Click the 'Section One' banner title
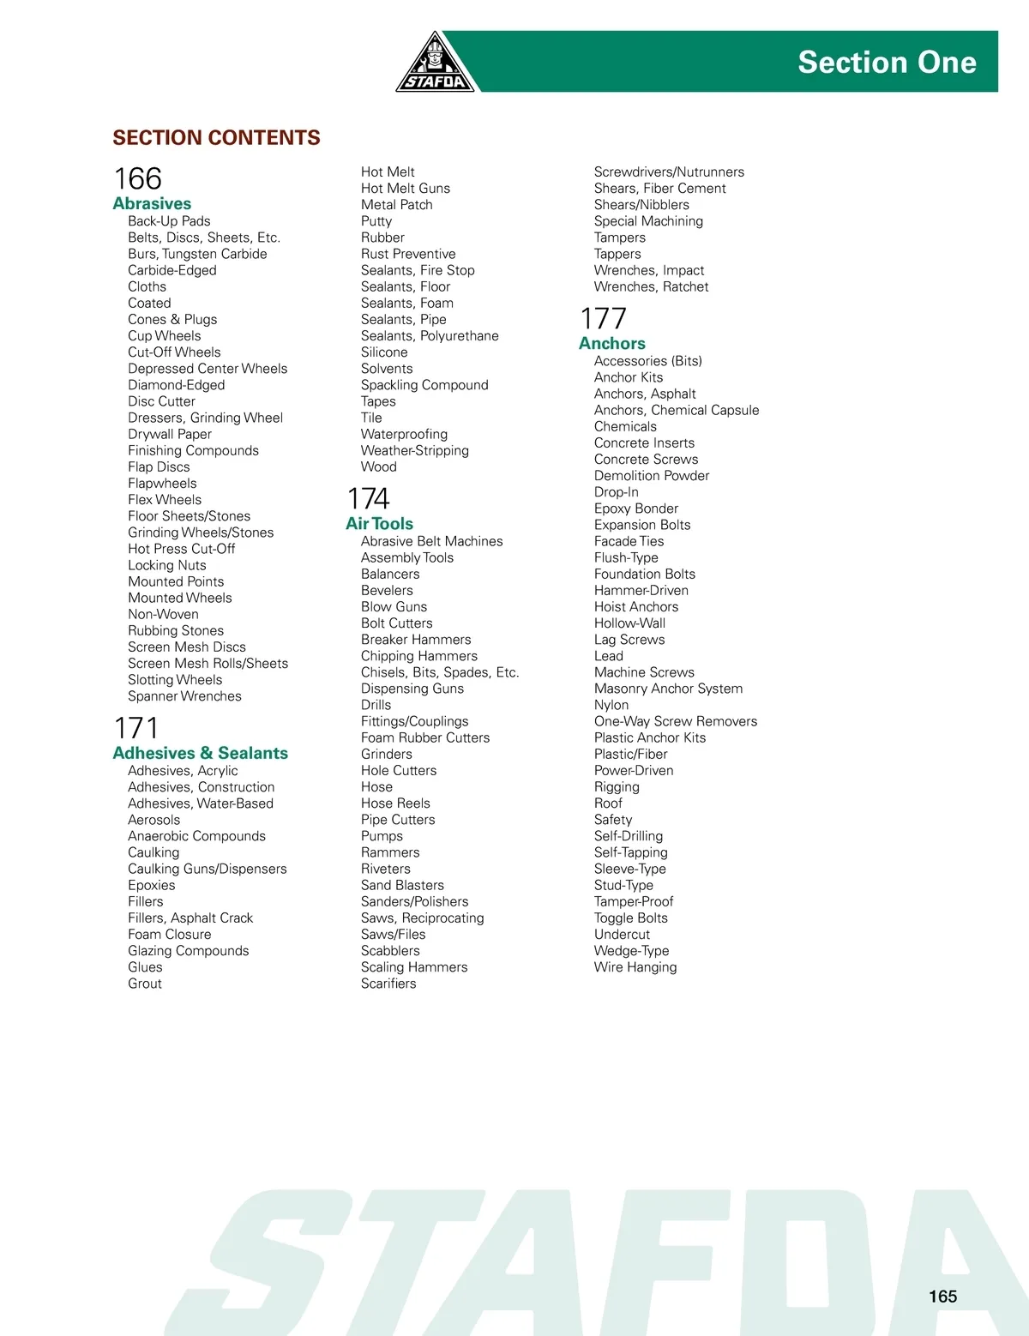[x=887, y=62]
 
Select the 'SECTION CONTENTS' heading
[x=216, y=137]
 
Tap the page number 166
[x=137, y=178]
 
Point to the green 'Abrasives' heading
[x=152, y=203]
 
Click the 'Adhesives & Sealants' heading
[x=200, y=753]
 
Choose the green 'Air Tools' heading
[x=379, y=523]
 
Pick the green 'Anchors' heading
[x=611, y=343]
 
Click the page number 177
[x=603, y=318]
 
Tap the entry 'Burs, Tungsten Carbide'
[x=197, y=254]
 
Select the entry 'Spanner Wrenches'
[x=184, y=696]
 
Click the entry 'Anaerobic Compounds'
[x=196, y=836]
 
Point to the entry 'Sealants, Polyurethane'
[x=430, y=336]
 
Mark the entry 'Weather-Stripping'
[x=415, y=450]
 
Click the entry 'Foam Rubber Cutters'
[x=425, y=737]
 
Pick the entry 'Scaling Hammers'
[x=414, y=967]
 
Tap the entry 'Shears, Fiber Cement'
[x=659, y=189]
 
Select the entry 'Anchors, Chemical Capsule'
[x=677, y=410]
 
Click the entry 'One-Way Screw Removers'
[x=676, y=721]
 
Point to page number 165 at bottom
[x=942, y=1297]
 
